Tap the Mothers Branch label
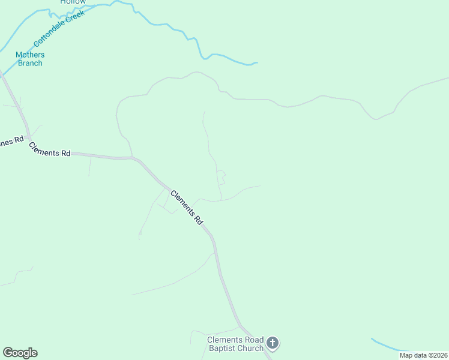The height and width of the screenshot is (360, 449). click(30, 59)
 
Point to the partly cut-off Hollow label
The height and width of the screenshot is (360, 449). click(73, 2)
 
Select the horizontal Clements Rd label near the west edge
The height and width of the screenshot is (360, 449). click(49, 152)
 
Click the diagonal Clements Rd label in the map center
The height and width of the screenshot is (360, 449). click(187, 207)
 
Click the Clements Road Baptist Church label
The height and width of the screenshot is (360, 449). click(235, 344)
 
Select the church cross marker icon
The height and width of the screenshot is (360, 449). click(273, 344)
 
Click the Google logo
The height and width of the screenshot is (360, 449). click(20, 353)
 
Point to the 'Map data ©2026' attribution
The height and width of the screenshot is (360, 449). click(423, 355)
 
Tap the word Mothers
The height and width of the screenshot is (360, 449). click(30, 55)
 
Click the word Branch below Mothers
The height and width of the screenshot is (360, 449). click(30, 63)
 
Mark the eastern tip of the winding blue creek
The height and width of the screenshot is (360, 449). click(256, 62)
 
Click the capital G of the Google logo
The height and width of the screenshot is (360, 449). click(7, 353)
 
